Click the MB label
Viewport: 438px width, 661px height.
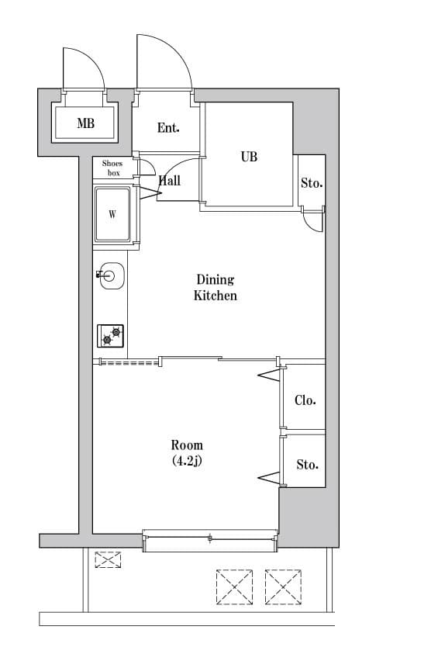point(85,123)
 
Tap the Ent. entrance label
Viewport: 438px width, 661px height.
point(168,128)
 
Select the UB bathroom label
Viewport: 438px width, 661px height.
point(248,157)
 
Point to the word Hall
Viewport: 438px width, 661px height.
point(170,180)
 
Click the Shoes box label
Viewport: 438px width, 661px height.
point(112,168)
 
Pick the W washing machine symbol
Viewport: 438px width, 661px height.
point(112,215)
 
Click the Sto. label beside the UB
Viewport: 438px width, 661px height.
point(312,184)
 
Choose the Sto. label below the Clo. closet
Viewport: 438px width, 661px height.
point(307,465)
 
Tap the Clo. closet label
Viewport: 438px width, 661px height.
point(305,400)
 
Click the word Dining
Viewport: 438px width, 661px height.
point(215,279)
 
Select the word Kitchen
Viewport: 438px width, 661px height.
point(215,296)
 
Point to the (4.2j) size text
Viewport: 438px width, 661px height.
point(187,461)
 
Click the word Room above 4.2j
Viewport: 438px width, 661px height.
point(187,445)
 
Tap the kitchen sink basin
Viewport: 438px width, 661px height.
point(111,275)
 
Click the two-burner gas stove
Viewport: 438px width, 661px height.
point(111,336)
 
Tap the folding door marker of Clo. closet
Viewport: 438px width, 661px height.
point(269,376)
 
